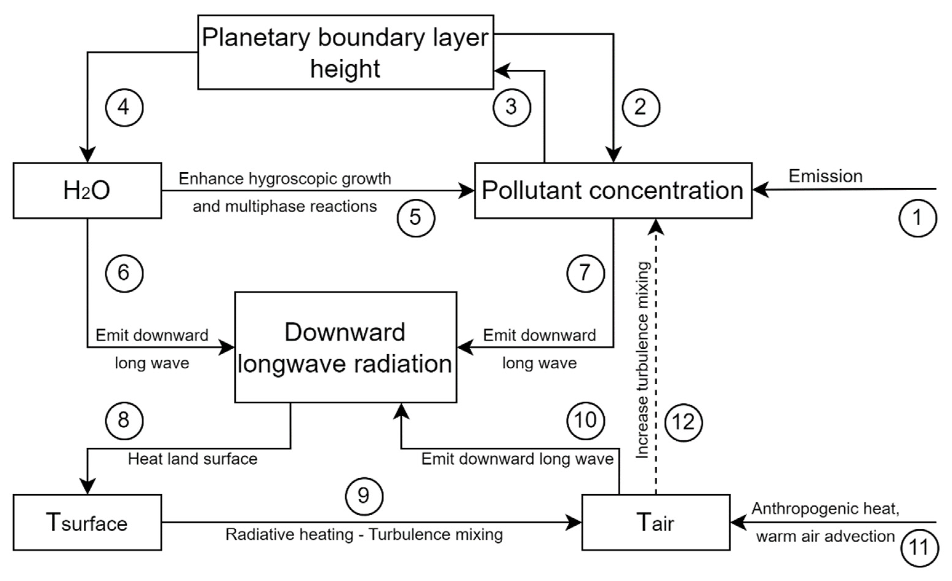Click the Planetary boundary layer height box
(x=345, y=53)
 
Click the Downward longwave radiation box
(x=345, y=347)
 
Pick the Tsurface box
(x=87, y=522)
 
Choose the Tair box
(x=656, y=522)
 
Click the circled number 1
(x=918, y=218)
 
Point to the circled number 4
(x=124, y=107)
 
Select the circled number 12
(x=683, y=423)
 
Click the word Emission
(x=825, y=176)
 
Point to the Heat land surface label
(x=193, y=459)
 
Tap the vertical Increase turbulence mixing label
(x=643, y=360)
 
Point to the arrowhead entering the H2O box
(x=87, y=155)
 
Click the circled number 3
(x=512, y=107)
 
